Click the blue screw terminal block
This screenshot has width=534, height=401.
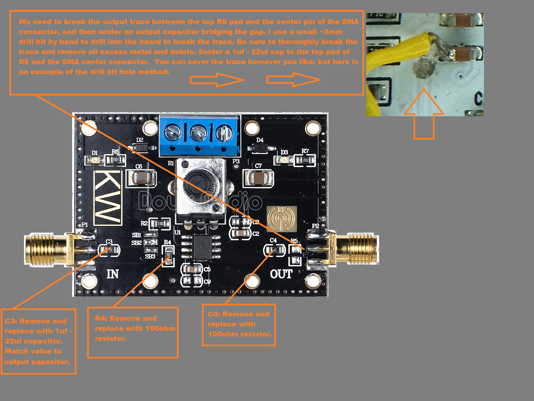[x=199, y=135]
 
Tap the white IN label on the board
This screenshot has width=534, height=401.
[x=112, y=274]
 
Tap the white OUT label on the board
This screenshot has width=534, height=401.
[x=281, y=274]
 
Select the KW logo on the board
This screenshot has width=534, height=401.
[x=108, y=197]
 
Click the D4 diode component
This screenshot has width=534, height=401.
[x=260, y=147]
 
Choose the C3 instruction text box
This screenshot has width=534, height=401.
[x=38, y=341]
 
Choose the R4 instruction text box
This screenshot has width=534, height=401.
[x=133, y=332]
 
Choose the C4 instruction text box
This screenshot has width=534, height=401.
[x=239, y=324]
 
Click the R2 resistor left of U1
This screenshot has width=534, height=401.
[x=160, y=223]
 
